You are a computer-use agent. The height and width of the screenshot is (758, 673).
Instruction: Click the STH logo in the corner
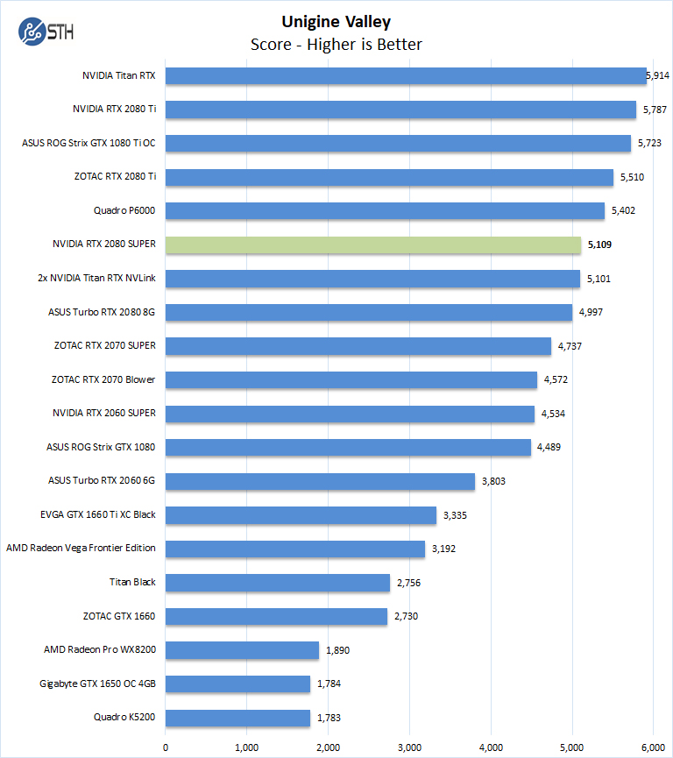tap(46, 33)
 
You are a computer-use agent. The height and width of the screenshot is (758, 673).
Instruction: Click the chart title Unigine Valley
tap(336, 22)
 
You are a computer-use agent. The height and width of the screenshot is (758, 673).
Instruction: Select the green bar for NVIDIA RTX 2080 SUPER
tap(373, 245)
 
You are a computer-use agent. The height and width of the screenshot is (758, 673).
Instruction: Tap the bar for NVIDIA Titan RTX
tap(406, 76)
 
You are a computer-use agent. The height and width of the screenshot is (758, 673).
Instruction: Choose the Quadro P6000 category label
tap(124, 211)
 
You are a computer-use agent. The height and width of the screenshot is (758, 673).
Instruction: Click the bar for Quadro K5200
tap(237, 718)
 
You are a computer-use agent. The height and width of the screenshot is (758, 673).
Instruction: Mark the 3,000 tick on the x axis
tap(409, 746)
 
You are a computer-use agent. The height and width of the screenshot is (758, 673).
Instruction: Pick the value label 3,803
tap(493, 481)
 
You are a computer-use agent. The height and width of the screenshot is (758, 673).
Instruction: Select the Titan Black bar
tap(278, 583)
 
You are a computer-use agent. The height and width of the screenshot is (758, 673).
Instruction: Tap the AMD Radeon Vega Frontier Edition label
tap(81, 549)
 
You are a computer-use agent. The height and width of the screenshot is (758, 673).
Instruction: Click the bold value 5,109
tap(599, 245)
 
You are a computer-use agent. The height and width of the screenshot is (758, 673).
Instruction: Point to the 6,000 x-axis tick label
tap(654, 746)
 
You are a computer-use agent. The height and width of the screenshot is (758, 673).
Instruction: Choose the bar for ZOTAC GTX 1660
tap(276, 617)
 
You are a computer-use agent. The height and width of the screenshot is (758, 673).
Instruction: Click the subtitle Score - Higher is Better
tap(336, 44)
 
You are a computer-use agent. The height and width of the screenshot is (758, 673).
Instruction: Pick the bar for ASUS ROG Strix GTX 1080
tap(348, 448)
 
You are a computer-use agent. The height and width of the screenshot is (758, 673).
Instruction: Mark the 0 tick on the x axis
tap(166, 746)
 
